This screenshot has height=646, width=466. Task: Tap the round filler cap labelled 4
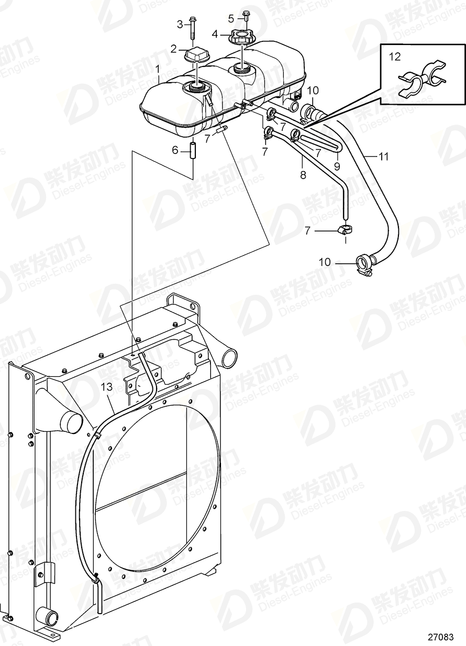point(242,38)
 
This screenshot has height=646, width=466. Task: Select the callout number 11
point(384,155)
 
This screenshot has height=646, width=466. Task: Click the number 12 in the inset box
point(394,55)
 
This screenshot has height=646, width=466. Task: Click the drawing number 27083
point(440,637)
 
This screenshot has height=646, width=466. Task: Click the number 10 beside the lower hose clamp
point(325,262)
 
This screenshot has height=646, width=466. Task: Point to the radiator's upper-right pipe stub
point(229,359)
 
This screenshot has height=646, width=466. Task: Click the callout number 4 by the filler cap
point(215,34)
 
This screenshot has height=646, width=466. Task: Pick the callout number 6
point(175,151)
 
